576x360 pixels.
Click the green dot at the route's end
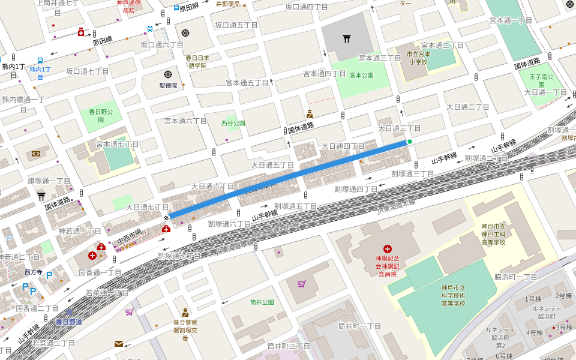tap(410, 142)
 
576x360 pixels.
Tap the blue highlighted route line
tap(288, 179)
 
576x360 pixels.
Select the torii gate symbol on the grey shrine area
tap(347, 39)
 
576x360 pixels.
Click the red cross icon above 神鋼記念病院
tap(388, 248)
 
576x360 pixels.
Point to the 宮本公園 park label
tap(361, 76)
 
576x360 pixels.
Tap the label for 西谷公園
tap(233, 123)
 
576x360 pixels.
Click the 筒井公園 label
tap(262, 302)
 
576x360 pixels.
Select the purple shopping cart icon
tap(301, 284)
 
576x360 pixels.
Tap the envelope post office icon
tap(119, 344)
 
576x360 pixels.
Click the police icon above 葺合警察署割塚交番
tap(185, 312)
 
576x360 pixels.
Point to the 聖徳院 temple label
tap(168, 85)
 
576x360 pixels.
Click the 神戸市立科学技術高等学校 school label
tap(453, 295)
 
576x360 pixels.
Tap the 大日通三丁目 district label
tap(399, 128)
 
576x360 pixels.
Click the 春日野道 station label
tap(69, 322)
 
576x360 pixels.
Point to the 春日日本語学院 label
tap(197, 62)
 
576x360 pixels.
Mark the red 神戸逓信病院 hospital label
tap(129, 7)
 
